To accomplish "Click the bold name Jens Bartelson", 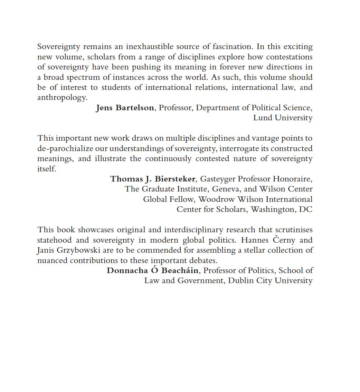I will click(125, 108).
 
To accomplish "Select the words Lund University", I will click(283, 118).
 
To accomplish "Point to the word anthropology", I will click(62, 98).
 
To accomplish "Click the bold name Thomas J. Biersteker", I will click(153, 179).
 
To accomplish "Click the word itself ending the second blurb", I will click(47, 169).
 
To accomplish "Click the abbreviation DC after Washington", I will click(306, 209).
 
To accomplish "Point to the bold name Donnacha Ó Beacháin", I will click(152, 270).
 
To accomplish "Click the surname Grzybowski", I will click(73, 250).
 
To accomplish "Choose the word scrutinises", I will click(294, 230).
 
